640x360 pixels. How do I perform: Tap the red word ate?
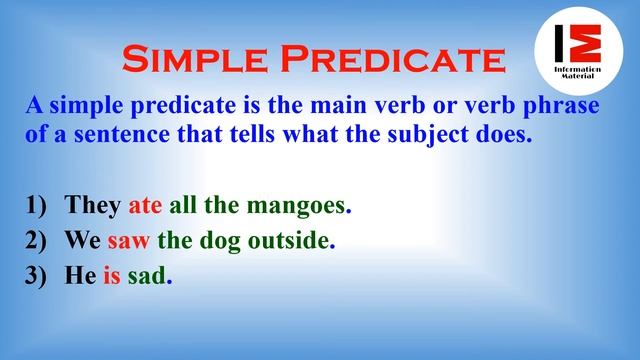click(146, 207)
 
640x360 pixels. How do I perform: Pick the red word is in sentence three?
click(112, 278)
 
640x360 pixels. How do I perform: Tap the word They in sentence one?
click(93, 207)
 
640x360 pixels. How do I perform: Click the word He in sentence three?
click(80, 278)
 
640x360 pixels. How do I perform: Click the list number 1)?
click(37, 207)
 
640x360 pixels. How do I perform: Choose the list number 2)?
click(37, 243)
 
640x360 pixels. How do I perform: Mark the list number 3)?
click(37, 278)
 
